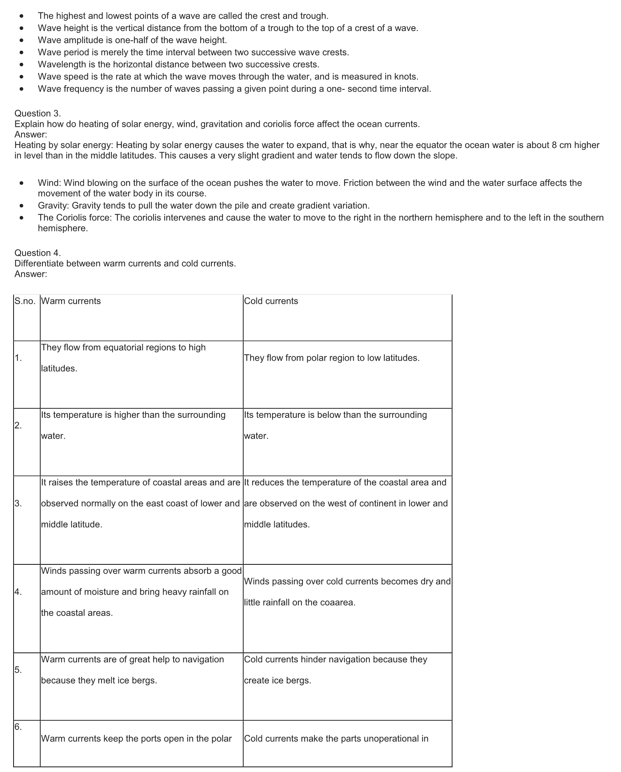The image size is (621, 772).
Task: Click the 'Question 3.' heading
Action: (38, 113)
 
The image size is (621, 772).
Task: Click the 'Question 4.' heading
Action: (38, 253)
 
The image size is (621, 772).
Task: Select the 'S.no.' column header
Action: (25, 301)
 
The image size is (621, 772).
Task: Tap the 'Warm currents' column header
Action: (71, 301)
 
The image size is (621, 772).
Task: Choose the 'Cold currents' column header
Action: (271, 301)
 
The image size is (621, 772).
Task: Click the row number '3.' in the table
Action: (18, 503)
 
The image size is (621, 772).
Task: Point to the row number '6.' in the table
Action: (18, 727)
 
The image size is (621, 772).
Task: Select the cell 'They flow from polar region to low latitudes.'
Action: (332, 358)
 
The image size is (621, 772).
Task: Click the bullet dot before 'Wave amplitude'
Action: (22, 41)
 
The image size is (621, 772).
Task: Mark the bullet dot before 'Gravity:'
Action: (22, 206)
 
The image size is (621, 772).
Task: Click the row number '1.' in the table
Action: (18, 358)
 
